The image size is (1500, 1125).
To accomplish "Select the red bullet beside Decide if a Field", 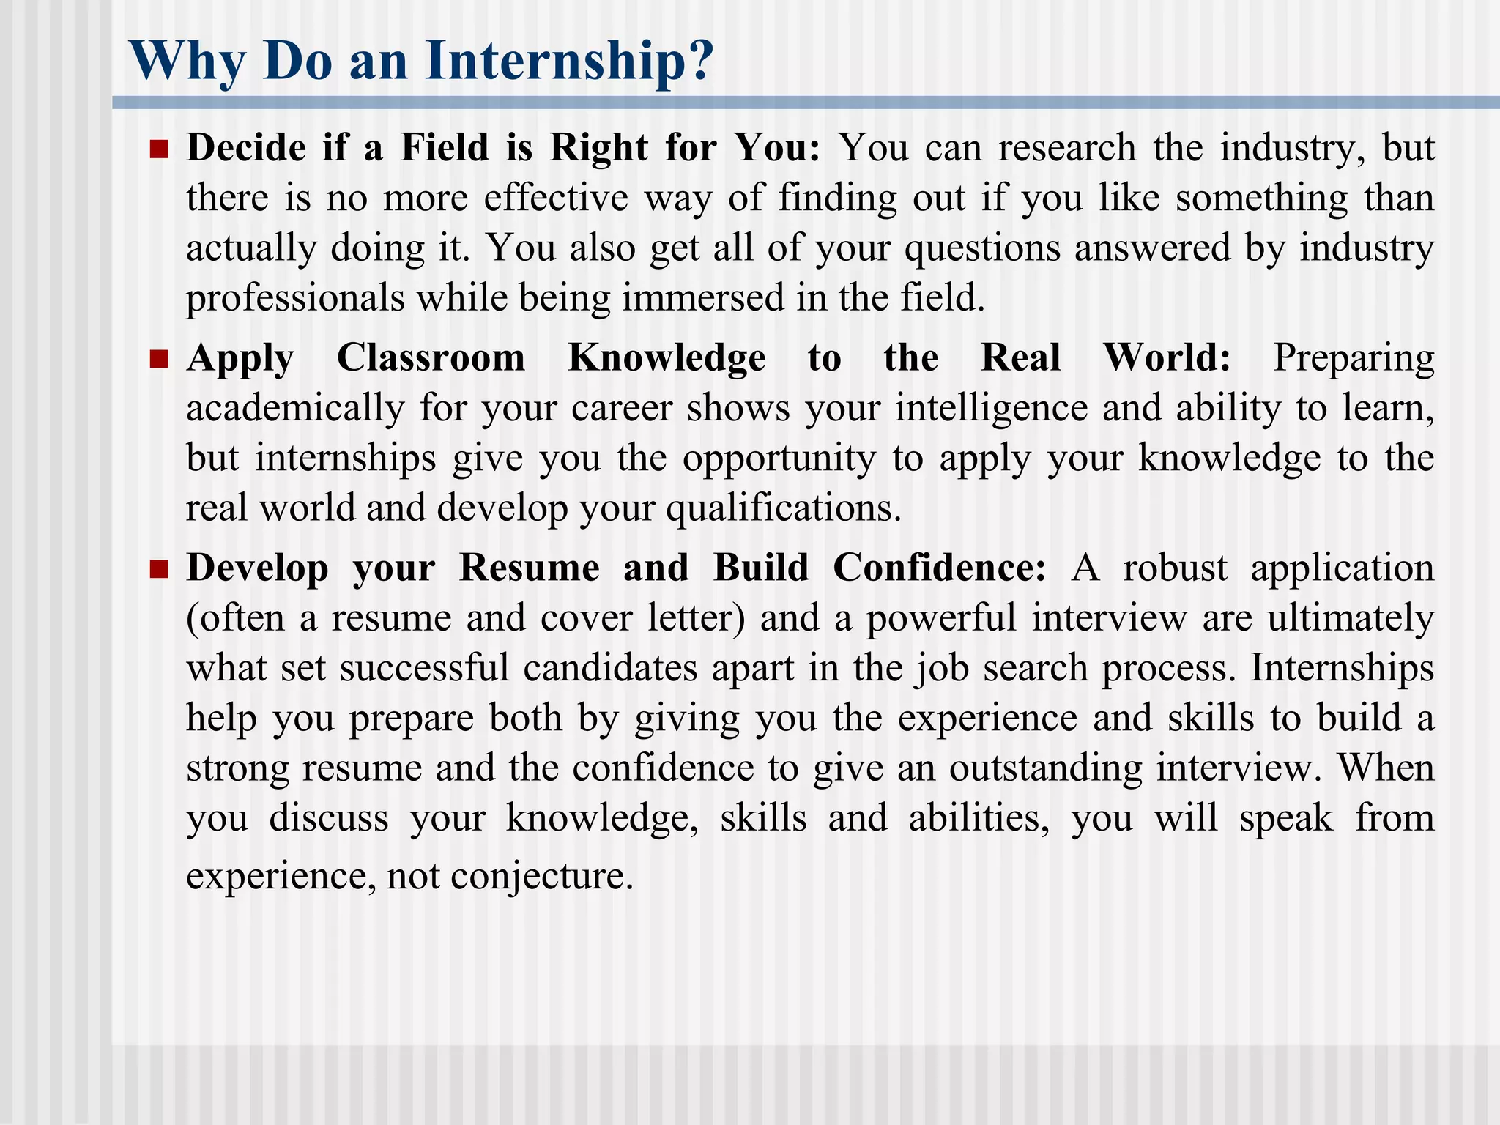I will point(159,149).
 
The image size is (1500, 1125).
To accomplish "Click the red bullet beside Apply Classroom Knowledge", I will point(159,360).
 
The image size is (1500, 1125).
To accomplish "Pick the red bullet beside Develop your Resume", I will point(159,569).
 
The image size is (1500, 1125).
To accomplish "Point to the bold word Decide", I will point(246,148).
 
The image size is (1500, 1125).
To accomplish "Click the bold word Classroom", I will point(431,358).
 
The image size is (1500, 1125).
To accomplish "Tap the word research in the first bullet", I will point(1067,148).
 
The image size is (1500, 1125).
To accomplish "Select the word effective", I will point(556,198).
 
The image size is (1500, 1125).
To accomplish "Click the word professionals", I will point(295,298).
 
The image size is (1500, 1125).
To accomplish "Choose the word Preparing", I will point(1354,360).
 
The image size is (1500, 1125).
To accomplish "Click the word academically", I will point(295,409).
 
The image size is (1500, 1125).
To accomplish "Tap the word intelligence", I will point(991,409).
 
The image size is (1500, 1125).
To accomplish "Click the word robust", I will point(1175,568).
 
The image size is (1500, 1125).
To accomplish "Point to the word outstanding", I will point(1045,768).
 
